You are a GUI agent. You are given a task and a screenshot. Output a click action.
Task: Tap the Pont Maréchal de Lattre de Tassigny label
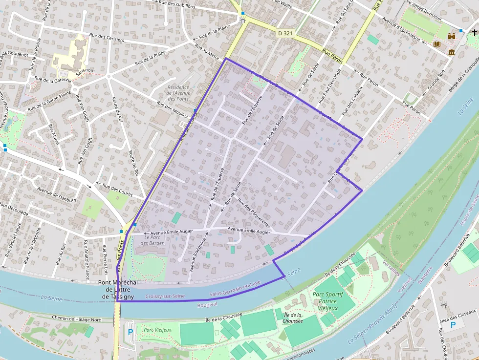[x=118, y=289]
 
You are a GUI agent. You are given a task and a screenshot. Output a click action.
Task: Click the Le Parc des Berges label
[x=152, y=240]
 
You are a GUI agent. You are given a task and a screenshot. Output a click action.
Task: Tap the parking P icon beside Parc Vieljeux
[x=130, y=332]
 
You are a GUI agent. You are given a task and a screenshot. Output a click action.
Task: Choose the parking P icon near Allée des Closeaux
[x=453, y=324]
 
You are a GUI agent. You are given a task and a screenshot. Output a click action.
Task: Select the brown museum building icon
[x=451, y=52]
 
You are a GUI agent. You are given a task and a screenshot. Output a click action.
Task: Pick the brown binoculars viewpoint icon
[x=452, y=36]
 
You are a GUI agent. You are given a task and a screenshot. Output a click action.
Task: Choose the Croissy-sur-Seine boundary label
[x=165, y=296]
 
